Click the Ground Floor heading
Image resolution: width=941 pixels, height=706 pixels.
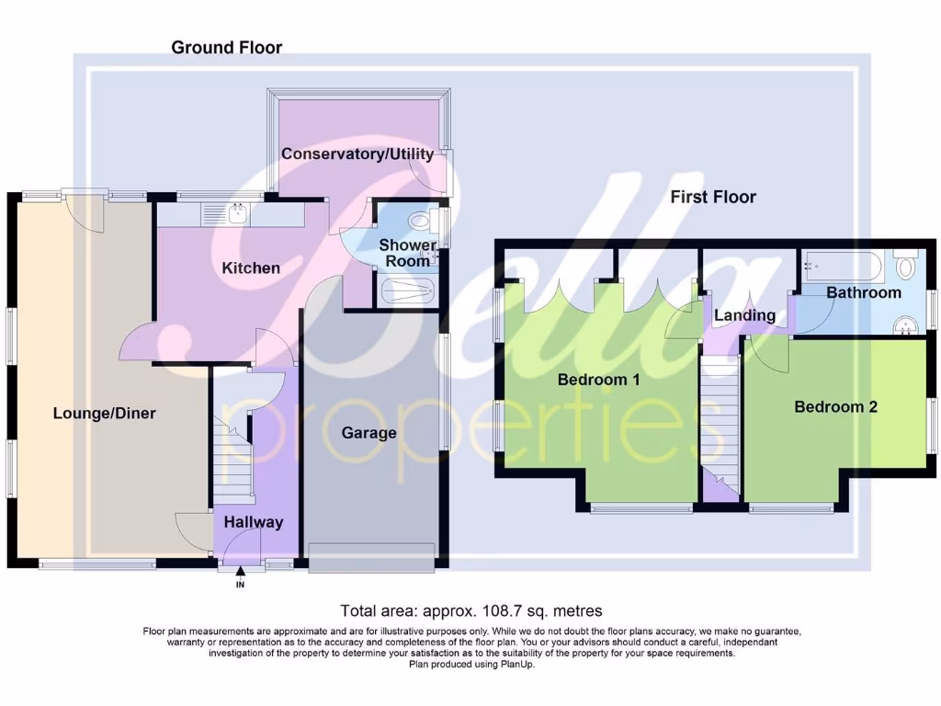(226, 47)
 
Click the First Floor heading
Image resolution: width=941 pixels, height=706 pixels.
(712, 197)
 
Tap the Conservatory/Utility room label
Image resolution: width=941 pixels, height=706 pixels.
(358, 154)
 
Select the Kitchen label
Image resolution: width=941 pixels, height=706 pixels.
(251, 268)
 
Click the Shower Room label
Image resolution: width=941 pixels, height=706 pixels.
(408, 253)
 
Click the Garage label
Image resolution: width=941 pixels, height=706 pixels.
(368, 433)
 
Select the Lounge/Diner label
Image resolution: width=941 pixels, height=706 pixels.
(104, 413)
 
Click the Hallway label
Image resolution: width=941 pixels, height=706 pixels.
(255, 522)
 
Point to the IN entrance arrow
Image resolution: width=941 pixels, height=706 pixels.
(241, 574)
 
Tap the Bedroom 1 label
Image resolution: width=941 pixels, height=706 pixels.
(598, 380)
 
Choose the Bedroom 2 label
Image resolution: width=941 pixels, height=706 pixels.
(835, 406)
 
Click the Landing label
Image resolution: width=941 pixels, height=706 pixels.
(744, 315)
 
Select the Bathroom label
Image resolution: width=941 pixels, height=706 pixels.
(863, 292)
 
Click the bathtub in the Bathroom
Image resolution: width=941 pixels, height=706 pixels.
(843, 268)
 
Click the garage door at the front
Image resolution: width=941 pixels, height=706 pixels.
(371, 557)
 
